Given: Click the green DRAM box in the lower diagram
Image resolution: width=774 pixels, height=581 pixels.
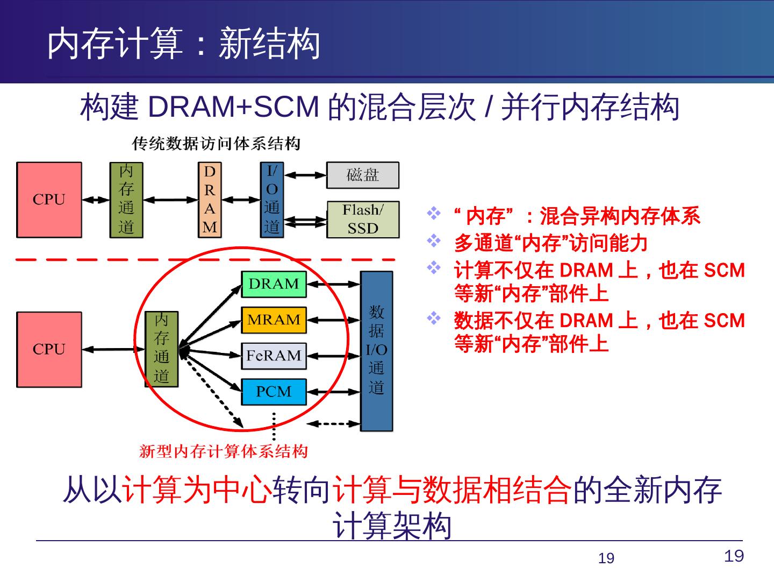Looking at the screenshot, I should click(274, 284).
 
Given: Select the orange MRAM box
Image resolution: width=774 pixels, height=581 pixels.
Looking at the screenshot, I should click(274, 320).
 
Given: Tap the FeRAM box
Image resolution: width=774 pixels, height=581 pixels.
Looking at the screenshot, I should click(274, 356).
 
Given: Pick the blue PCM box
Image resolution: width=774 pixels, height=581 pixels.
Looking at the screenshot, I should click(274, 392).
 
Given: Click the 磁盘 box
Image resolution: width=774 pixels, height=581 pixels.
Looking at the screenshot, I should click(363, 175).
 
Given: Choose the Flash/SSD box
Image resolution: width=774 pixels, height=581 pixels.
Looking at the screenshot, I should click(363, 219).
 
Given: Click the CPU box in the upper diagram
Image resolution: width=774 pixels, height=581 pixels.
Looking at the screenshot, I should click(49, 200).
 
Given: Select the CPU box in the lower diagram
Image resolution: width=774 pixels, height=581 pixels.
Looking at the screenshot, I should click(49, 349).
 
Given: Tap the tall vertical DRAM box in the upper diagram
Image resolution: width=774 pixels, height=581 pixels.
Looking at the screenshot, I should click(210, 200).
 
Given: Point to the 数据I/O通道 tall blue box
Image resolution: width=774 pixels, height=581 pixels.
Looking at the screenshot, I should click(376, 351).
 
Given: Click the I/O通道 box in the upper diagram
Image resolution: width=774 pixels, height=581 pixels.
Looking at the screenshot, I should click(272, 200).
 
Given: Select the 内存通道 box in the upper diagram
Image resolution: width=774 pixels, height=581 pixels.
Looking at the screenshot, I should click(126, 200).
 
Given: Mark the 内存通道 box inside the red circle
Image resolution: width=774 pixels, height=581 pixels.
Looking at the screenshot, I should click(162, 349).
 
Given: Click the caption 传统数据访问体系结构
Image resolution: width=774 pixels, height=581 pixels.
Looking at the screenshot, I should click(216, 144).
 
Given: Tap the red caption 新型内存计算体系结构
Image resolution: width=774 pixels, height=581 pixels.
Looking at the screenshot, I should click(224, 451).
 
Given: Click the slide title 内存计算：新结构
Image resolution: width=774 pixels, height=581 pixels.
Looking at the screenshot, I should click(183, 44).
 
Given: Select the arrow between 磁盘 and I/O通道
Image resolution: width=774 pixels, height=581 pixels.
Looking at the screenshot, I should click(305, 175).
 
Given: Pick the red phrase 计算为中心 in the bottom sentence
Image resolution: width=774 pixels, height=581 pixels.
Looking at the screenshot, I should click(196, 491).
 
